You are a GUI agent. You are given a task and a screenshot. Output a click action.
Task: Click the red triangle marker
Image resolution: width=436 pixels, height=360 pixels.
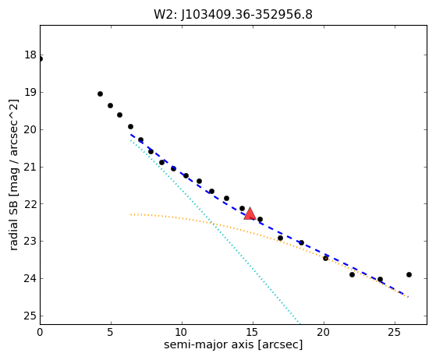pos(250,214)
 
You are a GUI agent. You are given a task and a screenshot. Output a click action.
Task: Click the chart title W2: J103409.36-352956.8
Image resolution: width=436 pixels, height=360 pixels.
pos(233,15)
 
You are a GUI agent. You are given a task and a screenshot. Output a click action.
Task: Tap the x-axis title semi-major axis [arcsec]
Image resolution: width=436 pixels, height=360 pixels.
pos(233,344)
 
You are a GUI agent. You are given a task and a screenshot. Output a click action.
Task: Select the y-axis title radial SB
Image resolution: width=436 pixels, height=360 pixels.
pos(13,219)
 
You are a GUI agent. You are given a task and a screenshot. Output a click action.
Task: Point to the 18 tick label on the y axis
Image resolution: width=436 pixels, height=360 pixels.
pos(30,55)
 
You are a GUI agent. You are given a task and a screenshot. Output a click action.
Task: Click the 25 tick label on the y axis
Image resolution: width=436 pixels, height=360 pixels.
pos(30,316)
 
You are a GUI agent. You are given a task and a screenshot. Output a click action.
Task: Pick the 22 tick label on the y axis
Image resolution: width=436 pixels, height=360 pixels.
pos(30,204)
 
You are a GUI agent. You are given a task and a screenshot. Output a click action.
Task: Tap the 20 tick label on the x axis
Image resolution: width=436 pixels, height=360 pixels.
pos(324,332)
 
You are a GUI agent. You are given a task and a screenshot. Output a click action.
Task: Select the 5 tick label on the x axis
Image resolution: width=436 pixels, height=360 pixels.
pos(111,332)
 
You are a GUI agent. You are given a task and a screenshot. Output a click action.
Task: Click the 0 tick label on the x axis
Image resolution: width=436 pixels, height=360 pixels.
pos(40,332)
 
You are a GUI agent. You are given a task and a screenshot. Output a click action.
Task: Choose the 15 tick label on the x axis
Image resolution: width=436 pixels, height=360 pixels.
pos(253,332)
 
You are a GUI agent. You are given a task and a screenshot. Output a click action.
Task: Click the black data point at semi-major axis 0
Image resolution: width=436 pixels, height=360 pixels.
pos(41,59)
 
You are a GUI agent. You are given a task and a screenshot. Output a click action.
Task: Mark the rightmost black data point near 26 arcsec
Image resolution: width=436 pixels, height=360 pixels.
pos(409,275)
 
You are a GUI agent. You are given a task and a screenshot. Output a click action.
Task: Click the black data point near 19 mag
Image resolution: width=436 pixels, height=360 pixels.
pos(100,94)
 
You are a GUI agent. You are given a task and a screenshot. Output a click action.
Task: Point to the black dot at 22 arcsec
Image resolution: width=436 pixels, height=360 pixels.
pos(352,275)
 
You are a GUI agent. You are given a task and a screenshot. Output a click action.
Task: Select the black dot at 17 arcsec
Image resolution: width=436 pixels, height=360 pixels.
pos(280,238)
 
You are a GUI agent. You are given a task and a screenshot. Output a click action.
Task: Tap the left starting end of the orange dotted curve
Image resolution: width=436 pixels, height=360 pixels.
pos(131,214)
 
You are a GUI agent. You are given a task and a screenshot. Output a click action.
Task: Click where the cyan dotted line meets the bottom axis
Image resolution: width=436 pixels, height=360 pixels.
pos(300,323)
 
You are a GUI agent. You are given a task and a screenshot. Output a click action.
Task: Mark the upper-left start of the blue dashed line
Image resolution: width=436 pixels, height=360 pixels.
pos(131,135)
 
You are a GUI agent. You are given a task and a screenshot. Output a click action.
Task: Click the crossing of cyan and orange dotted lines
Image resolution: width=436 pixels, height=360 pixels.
pos(212,222)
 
